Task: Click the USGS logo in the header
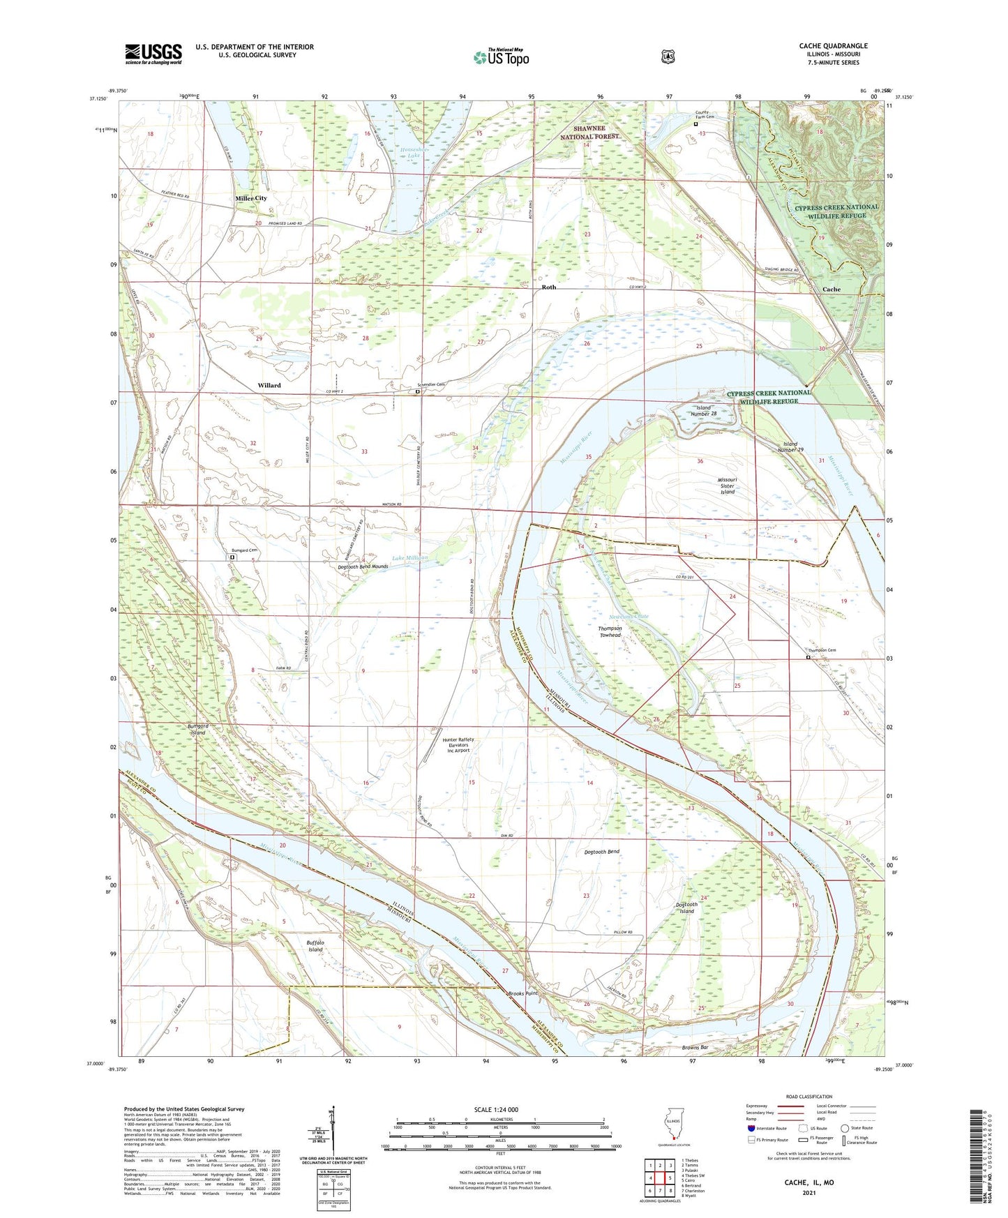tap(153, 54)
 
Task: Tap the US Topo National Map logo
tap(502, 57)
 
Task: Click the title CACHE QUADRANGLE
tap(833, 46)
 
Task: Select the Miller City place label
tap(251, 198)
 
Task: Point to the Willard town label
tap(269, 385)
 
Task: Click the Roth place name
tap(549, 287)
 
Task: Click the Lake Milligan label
tap(409, 558)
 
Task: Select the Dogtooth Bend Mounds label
tap(363, 566)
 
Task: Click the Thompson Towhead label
tap(610, 631)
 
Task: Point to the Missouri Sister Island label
tap(727, 486)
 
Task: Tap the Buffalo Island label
tap(315, 946)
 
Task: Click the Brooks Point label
tap(522, 993)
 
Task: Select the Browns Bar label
tap(695, 1048)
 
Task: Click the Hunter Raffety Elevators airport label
tap(457, 745)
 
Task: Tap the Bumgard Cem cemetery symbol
tap(234, 558)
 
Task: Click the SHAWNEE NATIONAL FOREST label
tap(596, 133)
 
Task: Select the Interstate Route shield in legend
tap(751, 1127)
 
